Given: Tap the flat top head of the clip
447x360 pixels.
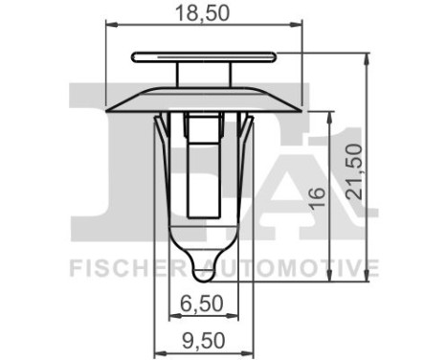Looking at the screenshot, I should click(203, 55).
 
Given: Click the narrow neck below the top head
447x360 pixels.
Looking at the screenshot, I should click(203, 74).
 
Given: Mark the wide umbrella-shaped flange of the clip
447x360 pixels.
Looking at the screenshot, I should click(203, 100).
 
